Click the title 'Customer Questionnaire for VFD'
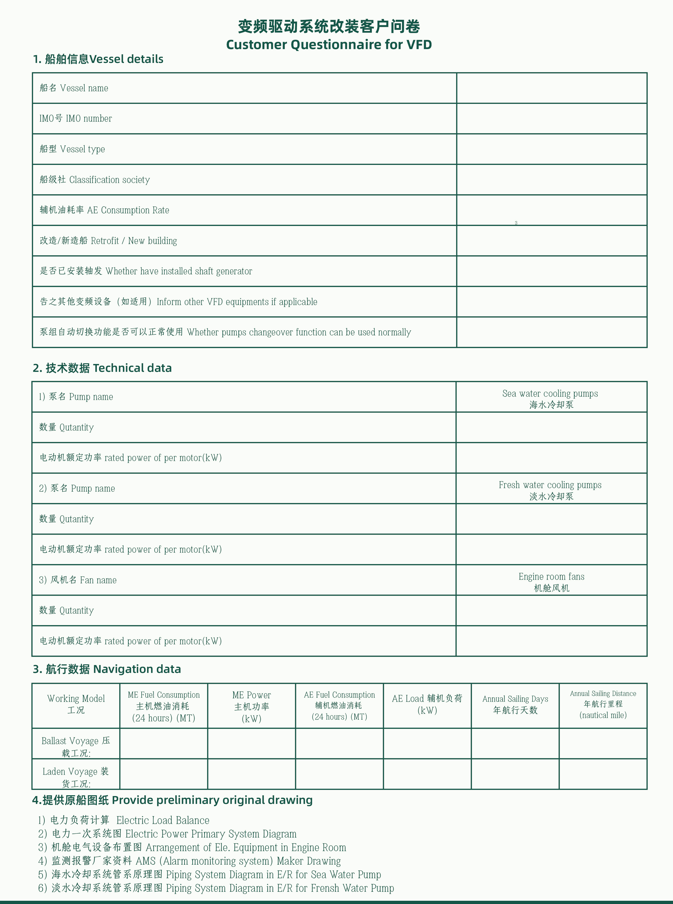click(x=329, y=44)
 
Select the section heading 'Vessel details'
click(x=126, y=59)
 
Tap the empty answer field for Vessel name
click(x=551, y=88)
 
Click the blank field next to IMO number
click(x=551, y=119)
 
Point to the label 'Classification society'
click(x=109, y=180)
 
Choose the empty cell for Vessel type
click(x=551, y=149)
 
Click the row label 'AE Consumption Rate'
click(x=128, y=210)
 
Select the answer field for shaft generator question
click(x=551, y=271)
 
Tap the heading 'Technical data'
click(x=132, y=368)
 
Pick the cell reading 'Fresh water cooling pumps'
click(x=550, y=485)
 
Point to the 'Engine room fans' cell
click(x=551, y=577)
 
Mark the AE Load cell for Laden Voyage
click(x=427, y=774)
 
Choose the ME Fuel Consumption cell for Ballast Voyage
click(x=164, y=743)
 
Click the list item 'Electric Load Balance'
click(x=162, y=820)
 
